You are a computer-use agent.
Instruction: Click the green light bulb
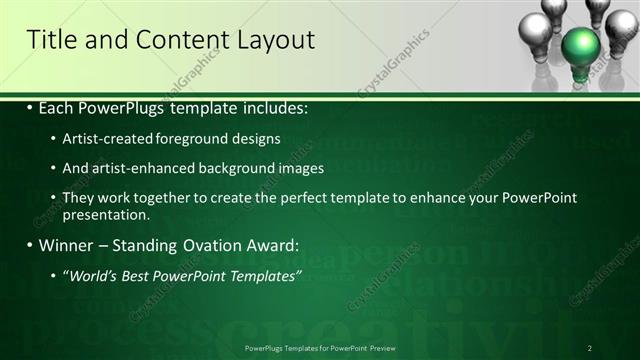point(581,48)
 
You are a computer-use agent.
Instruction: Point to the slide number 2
point(590,348)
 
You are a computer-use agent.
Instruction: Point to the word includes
point(273,107)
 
